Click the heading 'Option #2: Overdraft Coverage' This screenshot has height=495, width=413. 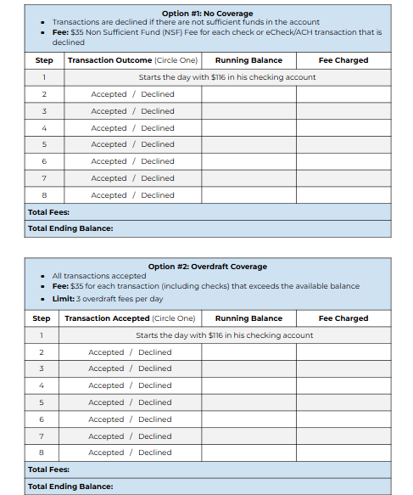click(x=207, y=267)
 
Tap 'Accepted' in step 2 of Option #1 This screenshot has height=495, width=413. click(x=109, y=94)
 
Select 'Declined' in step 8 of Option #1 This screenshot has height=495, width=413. click(x=158, y=195)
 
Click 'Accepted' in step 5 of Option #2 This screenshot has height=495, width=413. click(x=106, y=402)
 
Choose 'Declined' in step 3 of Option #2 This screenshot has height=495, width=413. click(x=155, y=368)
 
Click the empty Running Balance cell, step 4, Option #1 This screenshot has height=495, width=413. click(x=248, y=128)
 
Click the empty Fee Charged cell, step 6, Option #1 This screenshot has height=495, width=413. click(x=343, y=161)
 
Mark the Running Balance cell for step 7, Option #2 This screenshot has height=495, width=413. click(x=248, y=436)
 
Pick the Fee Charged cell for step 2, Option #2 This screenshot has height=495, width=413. click(x=343, y=352)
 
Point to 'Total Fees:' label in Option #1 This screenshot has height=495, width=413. click(x=48, y=212)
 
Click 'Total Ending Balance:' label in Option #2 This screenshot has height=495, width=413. click(x=70, y=487)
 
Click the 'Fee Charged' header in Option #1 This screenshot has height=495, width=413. click(x=343, y=60)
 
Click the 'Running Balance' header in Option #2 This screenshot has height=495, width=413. click(x=248, y=318)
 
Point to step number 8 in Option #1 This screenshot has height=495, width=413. click(x=44, y=195)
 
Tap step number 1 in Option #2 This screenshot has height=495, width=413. click(x=42, y=335)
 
